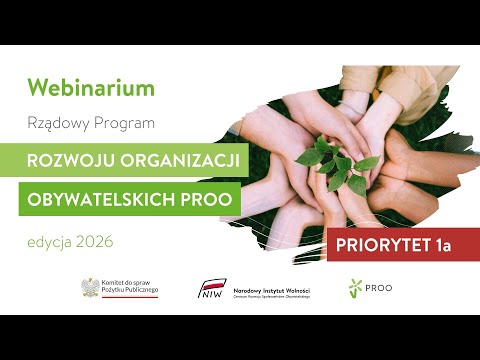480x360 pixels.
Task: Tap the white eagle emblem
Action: (91, 288)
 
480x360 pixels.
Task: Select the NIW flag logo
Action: (212, 289)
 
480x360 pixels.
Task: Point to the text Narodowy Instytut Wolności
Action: (266, 286)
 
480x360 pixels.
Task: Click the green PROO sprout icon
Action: (354, 289)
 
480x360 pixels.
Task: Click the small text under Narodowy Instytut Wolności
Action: (267, 294)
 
